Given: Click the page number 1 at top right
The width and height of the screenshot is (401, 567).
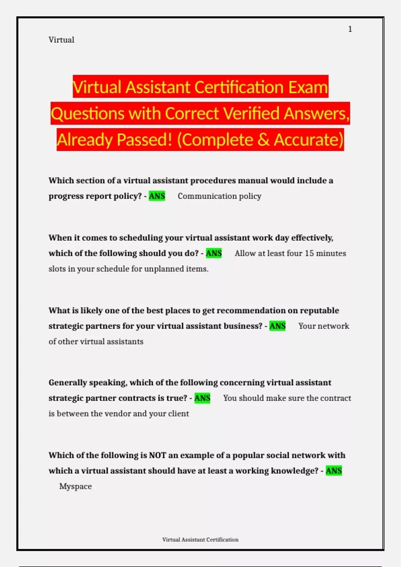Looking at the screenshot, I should [x=350, y=29].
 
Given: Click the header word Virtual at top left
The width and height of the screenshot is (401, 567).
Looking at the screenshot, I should [x=61, y=40].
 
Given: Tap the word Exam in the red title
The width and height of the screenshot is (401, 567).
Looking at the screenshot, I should [x=308, y=87].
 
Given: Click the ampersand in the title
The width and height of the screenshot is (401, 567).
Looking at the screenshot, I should [x=263, y=140].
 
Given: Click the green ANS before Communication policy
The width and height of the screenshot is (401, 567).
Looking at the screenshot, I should [x=157, y=196].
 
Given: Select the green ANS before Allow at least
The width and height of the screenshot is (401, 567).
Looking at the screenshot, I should [x=214, y=253].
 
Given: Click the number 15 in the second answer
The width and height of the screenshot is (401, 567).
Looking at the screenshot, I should [x=309, y=253].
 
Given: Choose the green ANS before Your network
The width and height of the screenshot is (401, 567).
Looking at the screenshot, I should [x=277, y=326].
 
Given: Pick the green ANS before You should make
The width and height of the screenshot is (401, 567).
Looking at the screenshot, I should [x=202, y=398].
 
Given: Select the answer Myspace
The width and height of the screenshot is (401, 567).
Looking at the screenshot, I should [x=76, y=486].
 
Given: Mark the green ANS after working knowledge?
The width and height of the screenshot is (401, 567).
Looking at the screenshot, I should [x=333, y=471].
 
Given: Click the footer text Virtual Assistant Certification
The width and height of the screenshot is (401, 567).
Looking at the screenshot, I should [x=200, y=540].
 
